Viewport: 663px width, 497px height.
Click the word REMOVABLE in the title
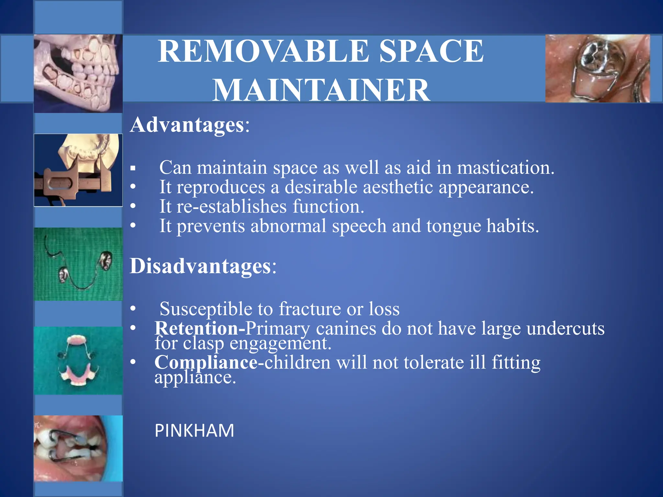pos(263,51)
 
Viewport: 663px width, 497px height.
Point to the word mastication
pos(505,168)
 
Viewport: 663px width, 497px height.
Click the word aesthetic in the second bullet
pos(398,187)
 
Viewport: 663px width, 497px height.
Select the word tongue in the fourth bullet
pos(454,226)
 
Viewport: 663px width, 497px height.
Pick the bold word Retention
pos(197,328)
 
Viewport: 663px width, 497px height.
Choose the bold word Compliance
pos(206,362)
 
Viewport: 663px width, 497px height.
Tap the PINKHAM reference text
pos(194,431)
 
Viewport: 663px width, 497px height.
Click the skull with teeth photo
pos(78,73)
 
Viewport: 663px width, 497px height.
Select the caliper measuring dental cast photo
pos(78,170)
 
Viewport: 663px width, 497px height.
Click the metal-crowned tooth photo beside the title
pos(598,68)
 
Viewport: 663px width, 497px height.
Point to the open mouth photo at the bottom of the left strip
pos(78,448)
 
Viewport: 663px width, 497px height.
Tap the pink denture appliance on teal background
pos(78,360)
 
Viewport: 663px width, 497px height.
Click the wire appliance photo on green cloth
pos(78,264)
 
